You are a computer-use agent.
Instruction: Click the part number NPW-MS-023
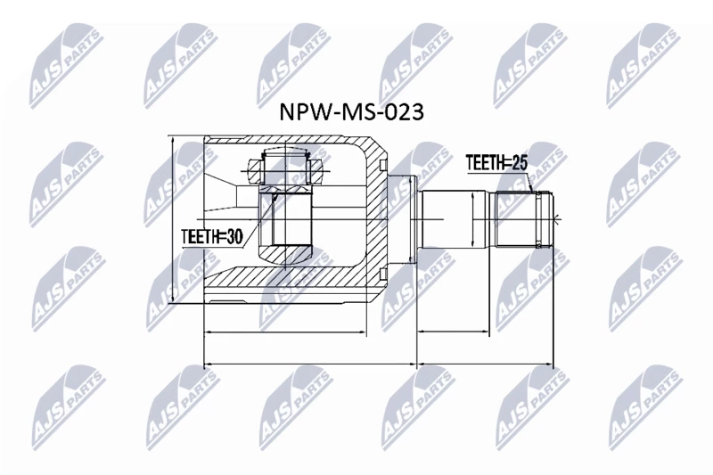[351, 111]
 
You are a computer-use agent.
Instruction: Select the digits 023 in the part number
[405, 111]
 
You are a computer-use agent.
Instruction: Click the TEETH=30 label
[212, 236]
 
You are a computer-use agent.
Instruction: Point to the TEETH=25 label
[497, 162]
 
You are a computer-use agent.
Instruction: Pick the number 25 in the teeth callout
[520, 162]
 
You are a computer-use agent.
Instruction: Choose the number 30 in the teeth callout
[234, 236]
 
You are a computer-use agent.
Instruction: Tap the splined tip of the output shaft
[523, 220]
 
